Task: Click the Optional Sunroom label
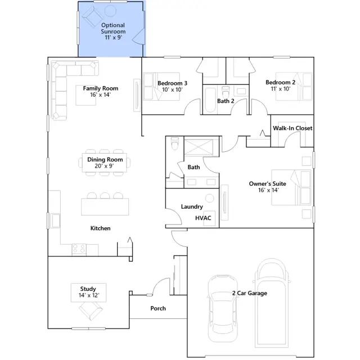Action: (x=113, y=28)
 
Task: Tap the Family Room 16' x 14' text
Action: (x=101, y=91)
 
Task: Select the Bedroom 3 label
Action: (x=173, y=83)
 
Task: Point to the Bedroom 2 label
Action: (x=280, y=82)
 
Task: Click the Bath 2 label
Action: (x=226, y=101)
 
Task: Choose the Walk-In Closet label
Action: (x=292, y=128)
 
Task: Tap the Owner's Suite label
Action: (x=268, y=184)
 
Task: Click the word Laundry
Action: (x=192, y=206)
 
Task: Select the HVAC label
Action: (x=203, y=218)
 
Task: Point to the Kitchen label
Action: (x=100, y=228)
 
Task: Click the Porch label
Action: (x=158, y=308)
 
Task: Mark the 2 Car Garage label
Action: (x=250, y=293)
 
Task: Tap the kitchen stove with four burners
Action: (x=79, y=250)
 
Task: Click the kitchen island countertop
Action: (x=105, y=206)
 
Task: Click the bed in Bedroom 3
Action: (x=161, y=87)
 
